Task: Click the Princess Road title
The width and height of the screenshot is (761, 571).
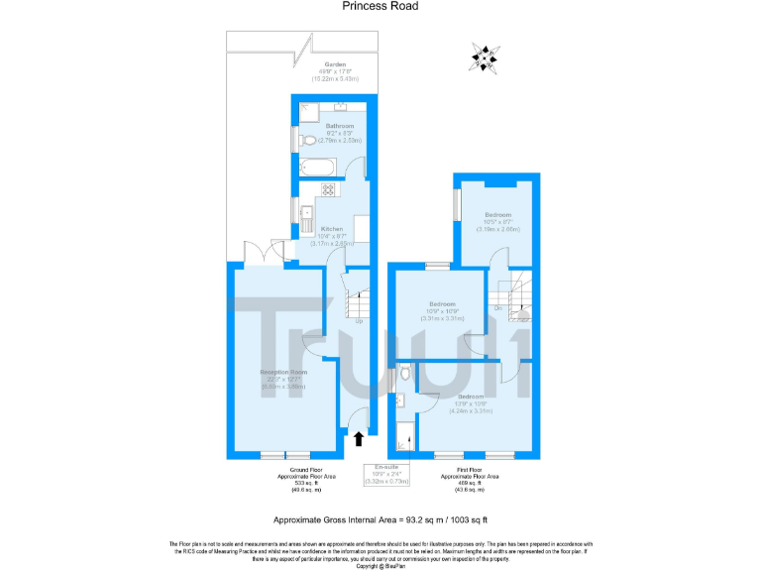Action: (x=380, y=6)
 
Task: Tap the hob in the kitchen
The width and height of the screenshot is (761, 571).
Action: (x=328, y=189)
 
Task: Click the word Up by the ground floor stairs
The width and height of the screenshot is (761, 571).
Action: (x=359, y=321)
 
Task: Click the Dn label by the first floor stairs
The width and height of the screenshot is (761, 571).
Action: (x=497, y=307)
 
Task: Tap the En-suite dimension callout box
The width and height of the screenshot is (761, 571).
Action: (x=387, y=473)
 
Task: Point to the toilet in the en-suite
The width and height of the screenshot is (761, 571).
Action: (x=406, y=375)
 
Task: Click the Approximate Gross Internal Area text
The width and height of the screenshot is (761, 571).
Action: (x=380, y=519)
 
